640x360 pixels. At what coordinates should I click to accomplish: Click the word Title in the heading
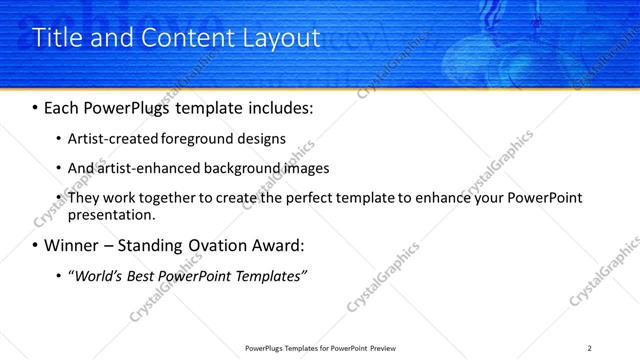(x=58, y=38)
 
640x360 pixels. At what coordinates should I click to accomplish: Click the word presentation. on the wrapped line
(x=111, y=214)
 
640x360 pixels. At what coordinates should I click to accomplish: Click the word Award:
(x=276, y=245)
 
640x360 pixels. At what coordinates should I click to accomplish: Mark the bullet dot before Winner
(x=36, y=246)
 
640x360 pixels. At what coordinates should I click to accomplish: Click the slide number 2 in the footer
(x=590, y=348)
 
